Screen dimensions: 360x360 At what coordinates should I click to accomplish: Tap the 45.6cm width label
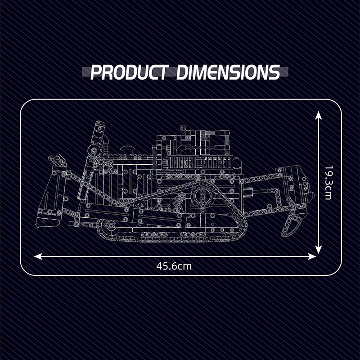[174, 266]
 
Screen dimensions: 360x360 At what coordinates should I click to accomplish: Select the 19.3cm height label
[328, 183]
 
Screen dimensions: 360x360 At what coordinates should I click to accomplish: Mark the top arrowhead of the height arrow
[319, 116]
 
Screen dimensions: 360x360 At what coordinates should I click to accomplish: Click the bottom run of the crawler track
[171, 238]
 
